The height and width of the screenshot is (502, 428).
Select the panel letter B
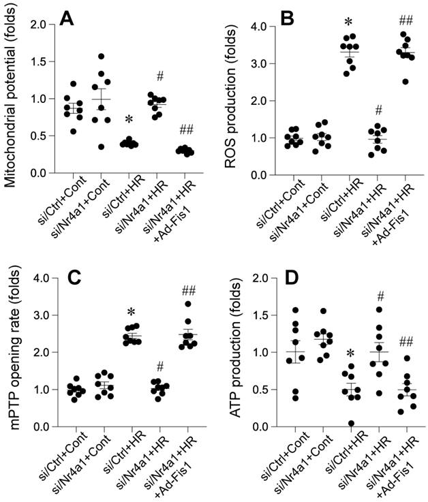[x=286, y=18]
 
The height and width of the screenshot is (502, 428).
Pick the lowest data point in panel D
[x=350, y=424]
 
